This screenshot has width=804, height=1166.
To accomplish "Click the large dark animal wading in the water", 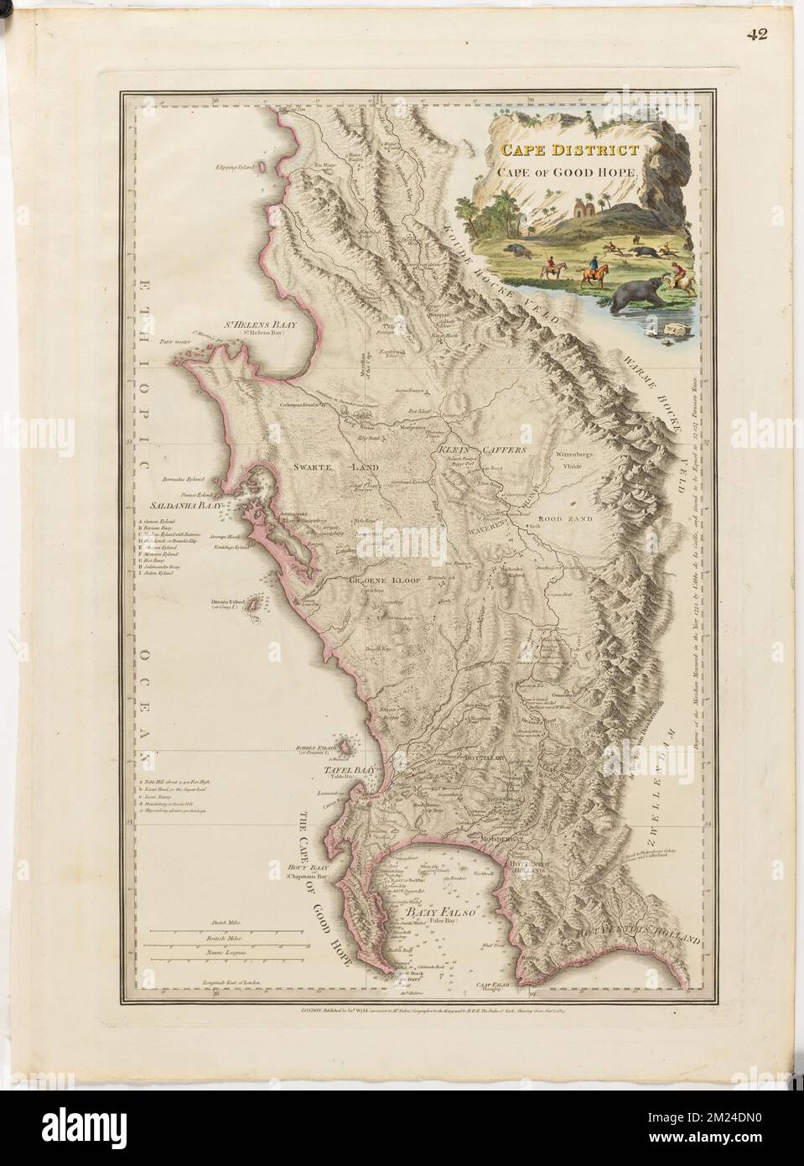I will pyautogui.click(x=635, y=297).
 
